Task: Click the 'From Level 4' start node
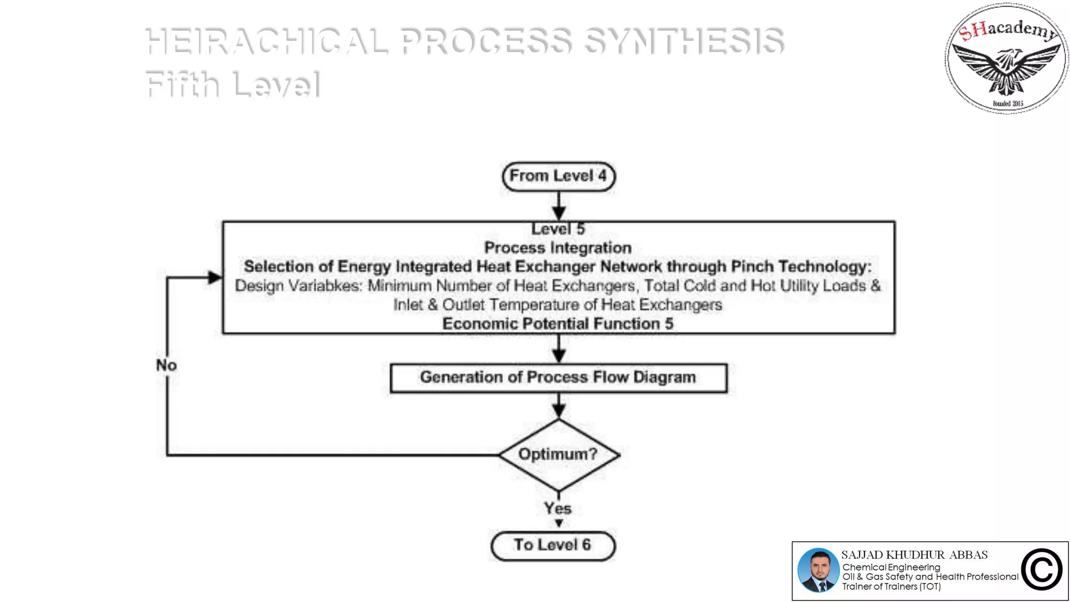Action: tap(558, 176)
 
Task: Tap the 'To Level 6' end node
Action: tap(553, 546)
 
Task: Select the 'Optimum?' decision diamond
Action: tap(558, 454)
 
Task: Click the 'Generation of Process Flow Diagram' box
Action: tap(558, 377)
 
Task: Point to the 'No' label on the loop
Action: tap(166, 365)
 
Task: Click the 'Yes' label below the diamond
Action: tap(557, 508)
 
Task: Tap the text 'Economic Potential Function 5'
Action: tap(557, 323)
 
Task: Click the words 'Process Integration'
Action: tap(557, 248)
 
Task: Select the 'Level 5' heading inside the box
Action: tap(557, 229)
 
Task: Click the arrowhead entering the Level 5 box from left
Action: tap(215, 277)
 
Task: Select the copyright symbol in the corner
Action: tap(1042, 570)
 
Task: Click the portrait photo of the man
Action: tap(818, 570)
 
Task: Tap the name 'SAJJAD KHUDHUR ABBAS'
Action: tap(914, 555)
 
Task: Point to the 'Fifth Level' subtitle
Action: tap(232, 84)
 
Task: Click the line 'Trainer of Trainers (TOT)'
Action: tap(891, 586)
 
